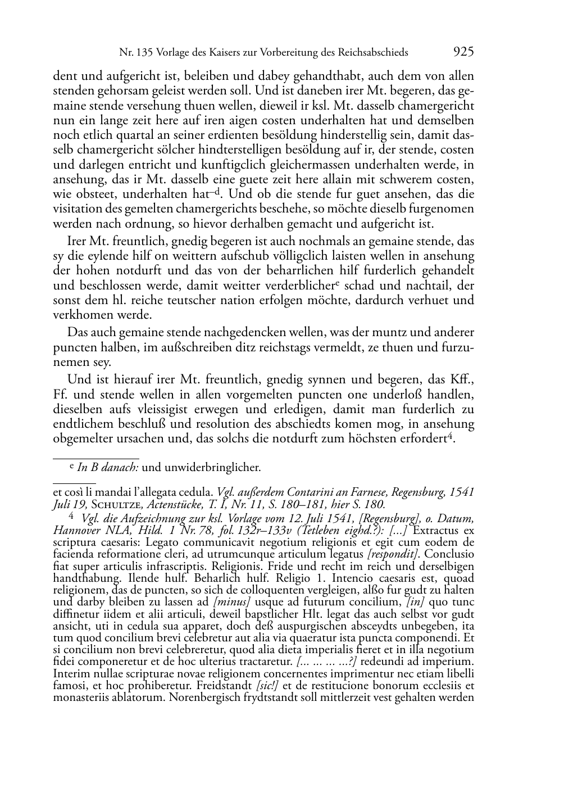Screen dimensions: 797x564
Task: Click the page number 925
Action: click(x=463, y=52)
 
